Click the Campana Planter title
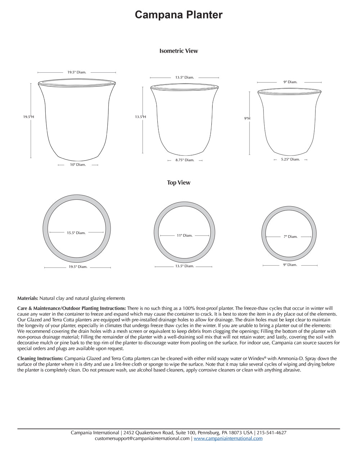179,15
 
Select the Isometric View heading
179,51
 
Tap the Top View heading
179,183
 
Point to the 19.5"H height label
29,117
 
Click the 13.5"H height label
140,117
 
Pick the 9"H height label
247,118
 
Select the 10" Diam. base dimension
78,165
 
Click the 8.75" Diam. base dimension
185,160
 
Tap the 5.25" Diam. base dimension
290,159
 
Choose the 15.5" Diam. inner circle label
76,233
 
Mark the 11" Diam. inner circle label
184,235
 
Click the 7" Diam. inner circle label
290,237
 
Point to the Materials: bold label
28,298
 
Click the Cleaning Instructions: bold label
40,359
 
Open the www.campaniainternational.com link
228,438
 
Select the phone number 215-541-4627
271,433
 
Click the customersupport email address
142,438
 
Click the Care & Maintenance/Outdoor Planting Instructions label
72,308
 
